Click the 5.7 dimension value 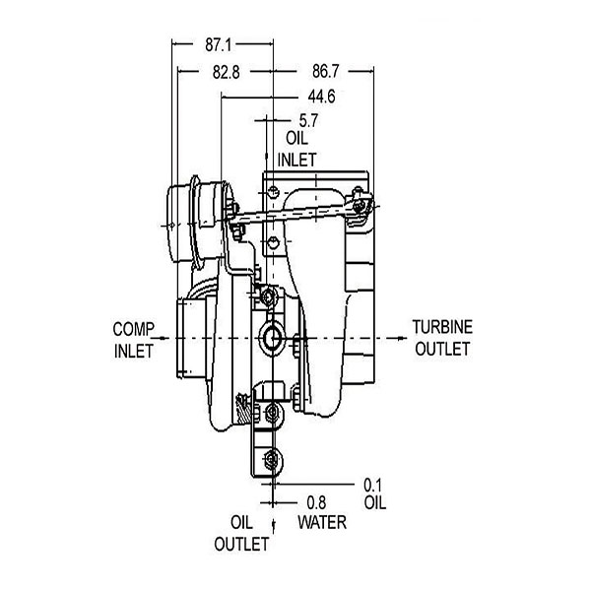tap(308, 120)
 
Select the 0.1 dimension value tap(373, 484)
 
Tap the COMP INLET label tap(133, 339)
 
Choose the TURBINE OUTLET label tap(442, 338)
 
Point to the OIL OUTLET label tap(242, 532)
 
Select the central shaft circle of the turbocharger tap(272, 339)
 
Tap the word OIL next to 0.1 tap(374, 502)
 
